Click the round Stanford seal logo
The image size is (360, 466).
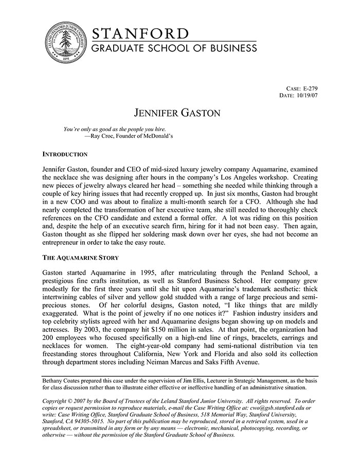tap(64, 43)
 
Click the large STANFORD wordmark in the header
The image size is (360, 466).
tap(140, 33)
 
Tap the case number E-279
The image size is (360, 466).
tap(307, 88)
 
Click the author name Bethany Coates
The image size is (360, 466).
tap(62, 380)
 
